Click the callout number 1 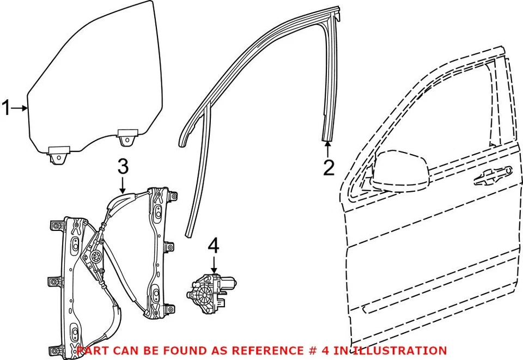(7, 108)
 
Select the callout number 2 (328, 168)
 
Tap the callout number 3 (123, 166)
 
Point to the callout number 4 (214, 247)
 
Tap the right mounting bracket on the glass (128, 137)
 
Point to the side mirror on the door (400, 171)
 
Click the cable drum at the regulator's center (96, 258)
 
